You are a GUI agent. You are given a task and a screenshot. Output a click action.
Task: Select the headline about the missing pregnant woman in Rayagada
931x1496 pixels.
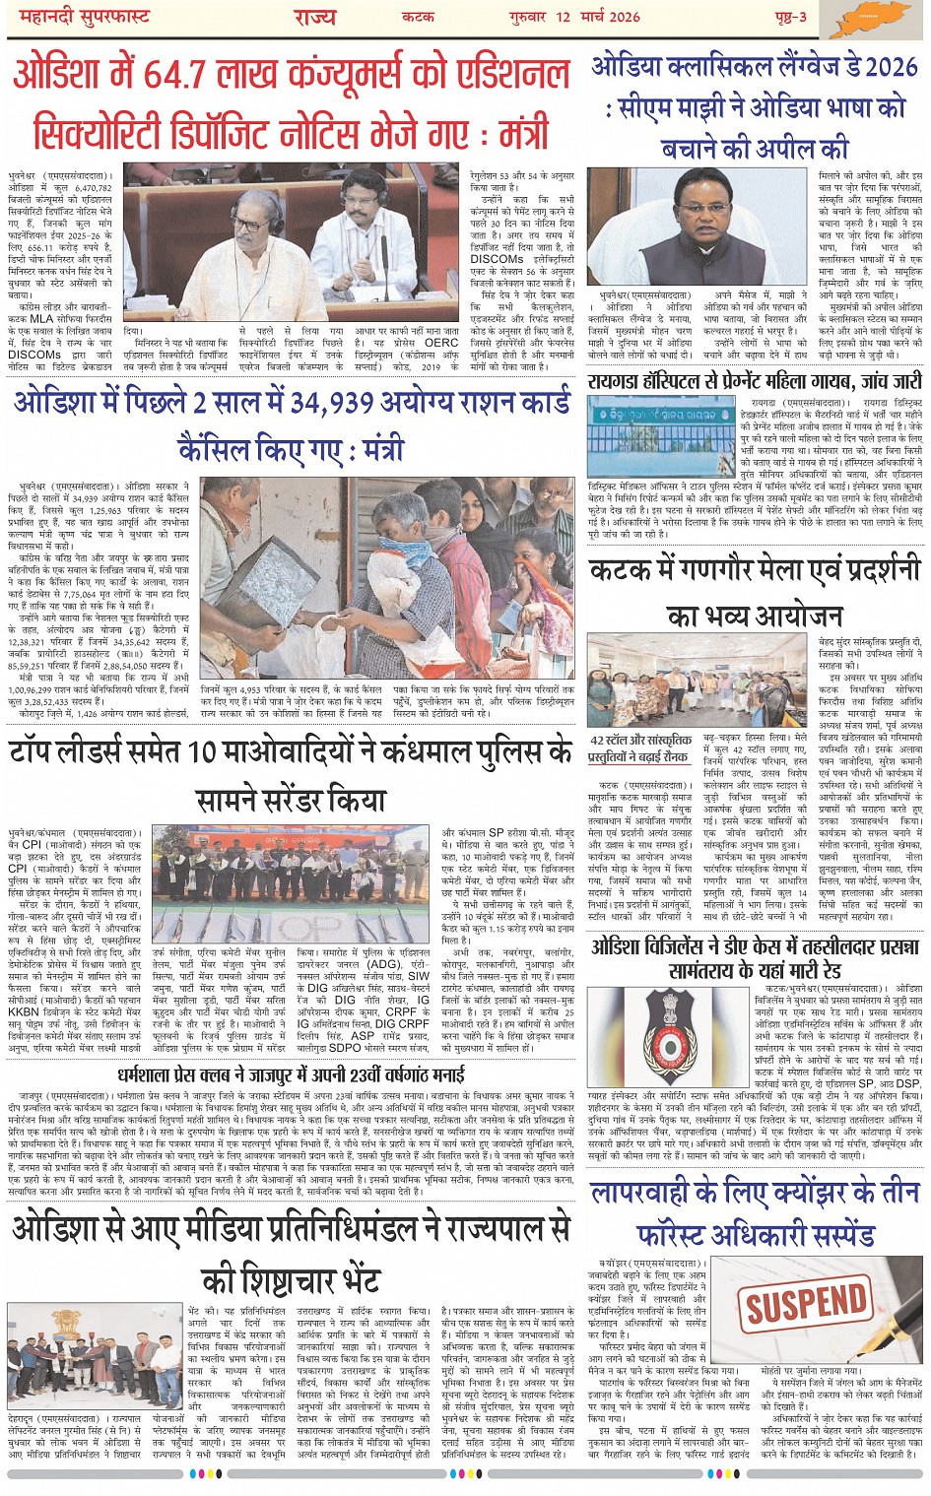coord(755,380)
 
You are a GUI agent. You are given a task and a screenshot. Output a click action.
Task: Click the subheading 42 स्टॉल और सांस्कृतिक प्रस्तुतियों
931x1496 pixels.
coord(639,748)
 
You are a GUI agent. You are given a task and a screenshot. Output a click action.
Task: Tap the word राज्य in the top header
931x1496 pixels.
coord(314,17)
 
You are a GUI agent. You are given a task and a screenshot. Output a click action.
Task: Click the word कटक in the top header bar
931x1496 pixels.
coord(419,17)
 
